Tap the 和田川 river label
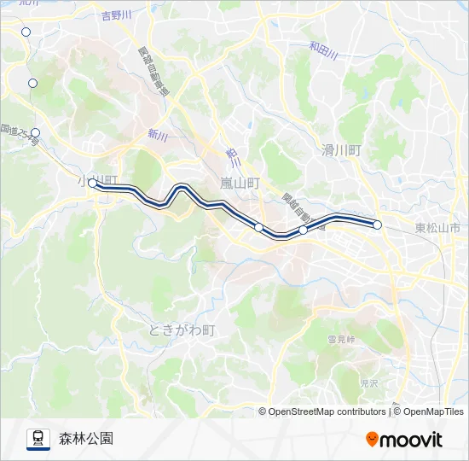[x=324, y=51]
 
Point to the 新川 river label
[x=157, y=134]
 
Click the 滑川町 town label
[x=342, y=149]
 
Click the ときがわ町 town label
[x=182, y=330]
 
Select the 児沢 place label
[x=368, y=384]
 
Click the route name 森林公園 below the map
[x=85, y=439]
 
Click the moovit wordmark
[x=412, y=440]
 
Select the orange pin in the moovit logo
[x=372, y=439]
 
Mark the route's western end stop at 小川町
[x=92, y=183]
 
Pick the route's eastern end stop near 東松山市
[x=377, y=225]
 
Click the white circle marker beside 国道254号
[x=35, y=132]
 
